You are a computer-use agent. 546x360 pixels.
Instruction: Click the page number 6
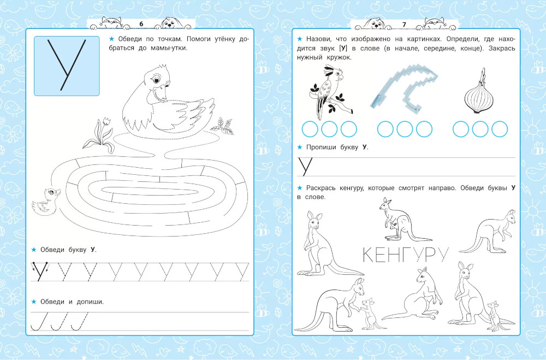pyautogui.click(x=141, y=24)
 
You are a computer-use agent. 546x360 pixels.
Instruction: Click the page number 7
pyautogui.click(x=404, y=25)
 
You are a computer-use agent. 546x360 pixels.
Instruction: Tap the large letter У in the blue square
pyautogui.click(x=67, y=65)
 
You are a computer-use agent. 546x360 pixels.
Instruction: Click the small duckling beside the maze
pyautogui.click(x=46, y=202)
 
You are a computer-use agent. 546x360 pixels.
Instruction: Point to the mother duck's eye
pyautogui.click(x=155, y=80)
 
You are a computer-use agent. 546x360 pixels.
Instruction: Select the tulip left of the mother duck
pyautogui.click(x=100, y=135)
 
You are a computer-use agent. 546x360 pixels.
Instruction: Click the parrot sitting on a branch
pyautogui.click(x=330, y=92)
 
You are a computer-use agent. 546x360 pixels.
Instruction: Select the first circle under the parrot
pyautogui.click(x=310, y=129)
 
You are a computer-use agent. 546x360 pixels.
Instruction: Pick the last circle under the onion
pyautogui.click(x=500, y=129)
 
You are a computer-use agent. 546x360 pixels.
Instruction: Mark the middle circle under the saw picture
pyautogui.click(x=405, y=129)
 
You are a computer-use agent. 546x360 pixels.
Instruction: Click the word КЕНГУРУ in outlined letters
pyautogui.click(x=405, y=255)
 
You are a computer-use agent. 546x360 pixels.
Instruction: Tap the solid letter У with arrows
pyautogui.click(x=40, y=270)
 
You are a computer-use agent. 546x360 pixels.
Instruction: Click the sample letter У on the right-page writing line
pyautogui.click(x=305, y=167)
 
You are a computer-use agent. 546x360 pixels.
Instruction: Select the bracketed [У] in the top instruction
pyautogui.click(x=343, y=48)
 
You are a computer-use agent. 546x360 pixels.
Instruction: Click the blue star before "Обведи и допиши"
pyautogui.click(x=34, y=302)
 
